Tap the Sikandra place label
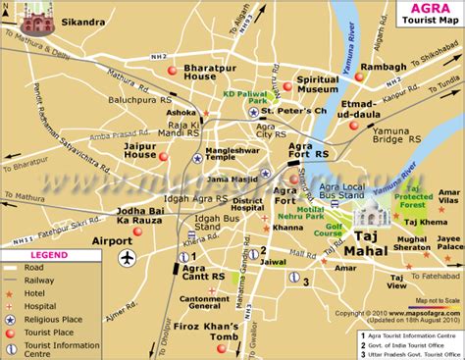point(82,21)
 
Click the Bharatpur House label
point(213,72)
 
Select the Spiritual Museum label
point(318,84)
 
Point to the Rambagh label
point(384,68)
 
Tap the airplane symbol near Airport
point(127,257)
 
